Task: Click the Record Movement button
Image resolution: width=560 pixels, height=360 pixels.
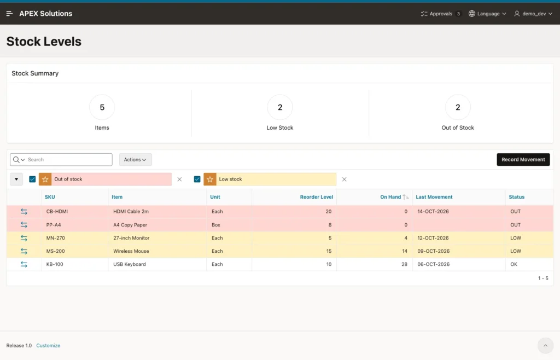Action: pos(523,160)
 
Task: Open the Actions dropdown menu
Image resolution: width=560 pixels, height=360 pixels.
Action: pos(136,160)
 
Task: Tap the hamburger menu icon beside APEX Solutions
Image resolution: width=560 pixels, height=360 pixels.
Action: pos(10,14)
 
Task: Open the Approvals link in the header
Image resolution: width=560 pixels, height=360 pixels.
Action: pos(440,14)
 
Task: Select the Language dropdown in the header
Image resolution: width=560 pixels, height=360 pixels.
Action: pos(487,14)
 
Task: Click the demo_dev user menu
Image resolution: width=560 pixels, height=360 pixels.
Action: pos(533,14)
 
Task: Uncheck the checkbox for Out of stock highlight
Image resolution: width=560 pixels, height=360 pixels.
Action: pos(32,179)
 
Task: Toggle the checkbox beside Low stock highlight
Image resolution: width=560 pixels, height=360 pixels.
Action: pos(197,179)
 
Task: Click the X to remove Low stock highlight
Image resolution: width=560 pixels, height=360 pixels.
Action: pos(345,179)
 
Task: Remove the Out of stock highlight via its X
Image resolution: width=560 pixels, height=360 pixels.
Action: pos(179,179)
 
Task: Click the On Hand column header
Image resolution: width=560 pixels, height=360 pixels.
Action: pos(390,197)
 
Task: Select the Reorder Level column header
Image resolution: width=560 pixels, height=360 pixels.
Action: pos(317,197)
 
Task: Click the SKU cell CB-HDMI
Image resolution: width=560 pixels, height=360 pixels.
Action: pos(57,211)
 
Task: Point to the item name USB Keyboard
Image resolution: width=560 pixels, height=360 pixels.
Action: pos(129,264)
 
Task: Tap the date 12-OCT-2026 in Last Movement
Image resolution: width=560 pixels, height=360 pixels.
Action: pos(433,238)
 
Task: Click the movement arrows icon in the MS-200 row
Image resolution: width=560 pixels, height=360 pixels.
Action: pos(24,251)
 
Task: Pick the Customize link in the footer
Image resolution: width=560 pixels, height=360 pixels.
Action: pos(48,345)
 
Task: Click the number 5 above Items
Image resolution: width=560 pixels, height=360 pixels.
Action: pos(102,107)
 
